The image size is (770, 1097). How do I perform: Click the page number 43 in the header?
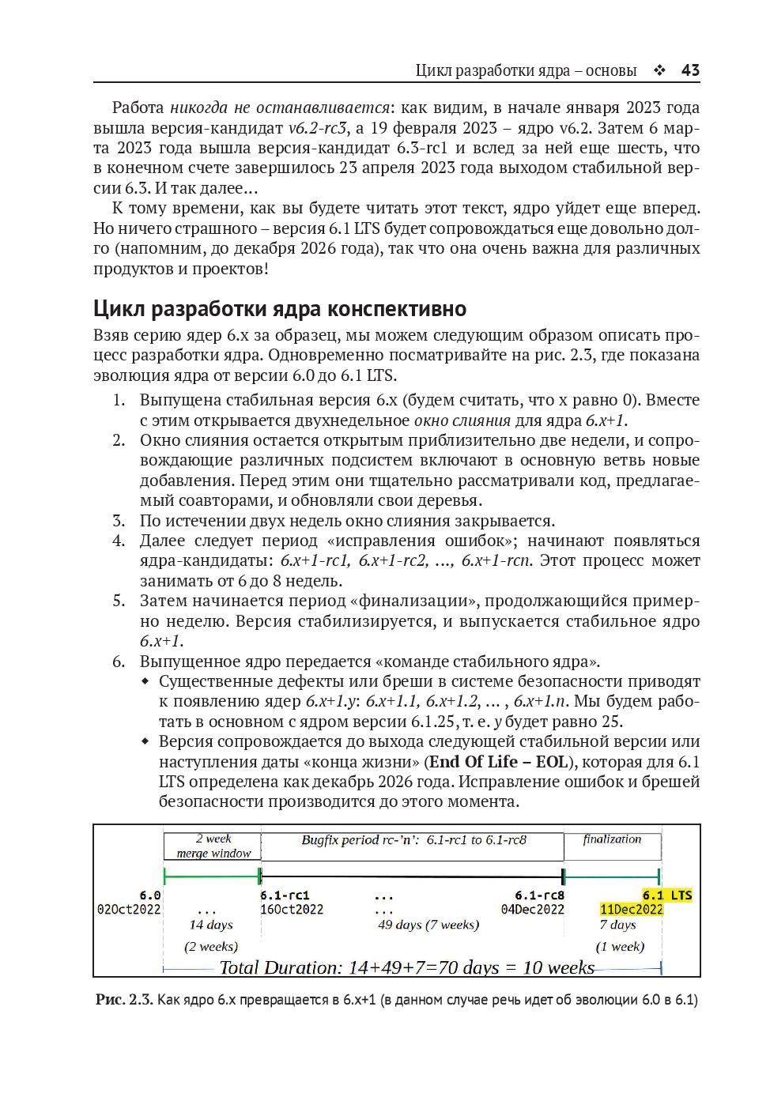pyautogui.click(x=690, y=70)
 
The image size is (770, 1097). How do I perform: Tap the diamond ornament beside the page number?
pyautogui.click(x=659, y=70)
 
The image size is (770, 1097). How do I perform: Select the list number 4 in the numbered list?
pyautogui.click(x=119, y=541)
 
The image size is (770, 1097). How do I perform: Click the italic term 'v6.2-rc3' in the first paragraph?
pyautogui.click(x=317, y=128)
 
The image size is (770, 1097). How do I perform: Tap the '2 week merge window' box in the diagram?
pyautogui.click(x=213, y=846)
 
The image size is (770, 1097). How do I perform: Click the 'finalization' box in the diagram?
pyautogui.click(x=612, y=846)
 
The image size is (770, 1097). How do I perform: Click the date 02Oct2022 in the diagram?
pyautogui.click(x=129, y=910)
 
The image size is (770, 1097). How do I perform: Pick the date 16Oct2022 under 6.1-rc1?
pyautogui.click(x=292, y=910)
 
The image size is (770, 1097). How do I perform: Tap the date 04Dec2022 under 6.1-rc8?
pyautogui.click(x=533, y=910)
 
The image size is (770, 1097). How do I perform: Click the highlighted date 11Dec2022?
pyautogui.click(x=631, y=910)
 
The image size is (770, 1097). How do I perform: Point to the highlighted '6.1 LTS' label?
pyautogui.click(x=666, y=895)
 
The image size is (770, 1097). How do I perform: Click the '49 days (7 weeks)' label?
pyautogui.click(x=428, y=925)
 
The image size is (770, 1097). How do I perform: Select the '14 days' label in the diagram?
pyautogui.click(x=211, y=925)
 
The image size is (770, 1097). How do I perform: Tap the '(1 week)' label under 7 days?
pyautogui.click(x=620, y=947)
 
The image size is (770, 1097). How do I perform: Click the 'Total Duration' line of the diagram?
pyautogui.click(x=406, y=967)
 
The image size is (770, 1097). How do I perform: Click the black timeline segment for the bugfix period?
pyautogui.click(x=411, y=876)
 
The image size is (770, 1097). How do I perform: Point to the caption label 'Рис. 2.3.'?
pyautogui.click(x=123, y=1000)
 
